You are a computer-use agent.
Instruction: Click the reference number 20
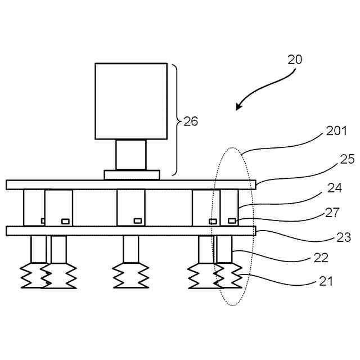point(294,59)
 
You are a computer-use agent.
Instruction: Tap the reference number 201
point(337,132)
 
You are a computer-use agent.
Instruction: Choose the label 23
point(343,237)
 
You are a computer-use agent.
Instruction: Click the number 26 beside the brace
point(191,121)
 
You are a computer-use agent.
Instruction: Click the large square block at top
point(131,101)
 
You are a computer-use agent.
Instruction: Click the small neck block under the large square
point(131,155)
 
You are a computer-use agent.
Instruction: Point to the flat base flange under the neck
point(132,174)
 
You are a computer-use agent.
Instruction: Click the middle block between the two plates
point(130,208)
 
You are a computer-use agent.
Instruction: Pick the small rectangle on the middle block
point(137,220)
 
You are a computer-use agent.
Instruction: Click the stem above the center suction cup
point(130,249)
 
